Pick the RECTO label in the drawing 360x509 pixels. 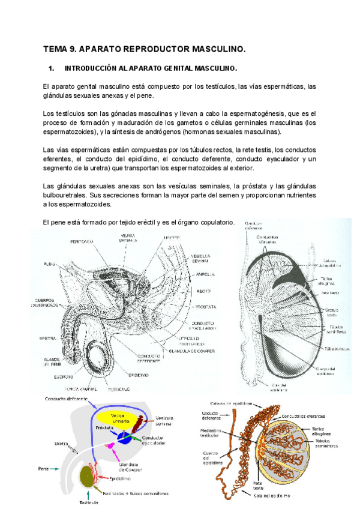[196, 291]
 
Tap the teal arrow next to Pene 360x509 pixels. [57, 469]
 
